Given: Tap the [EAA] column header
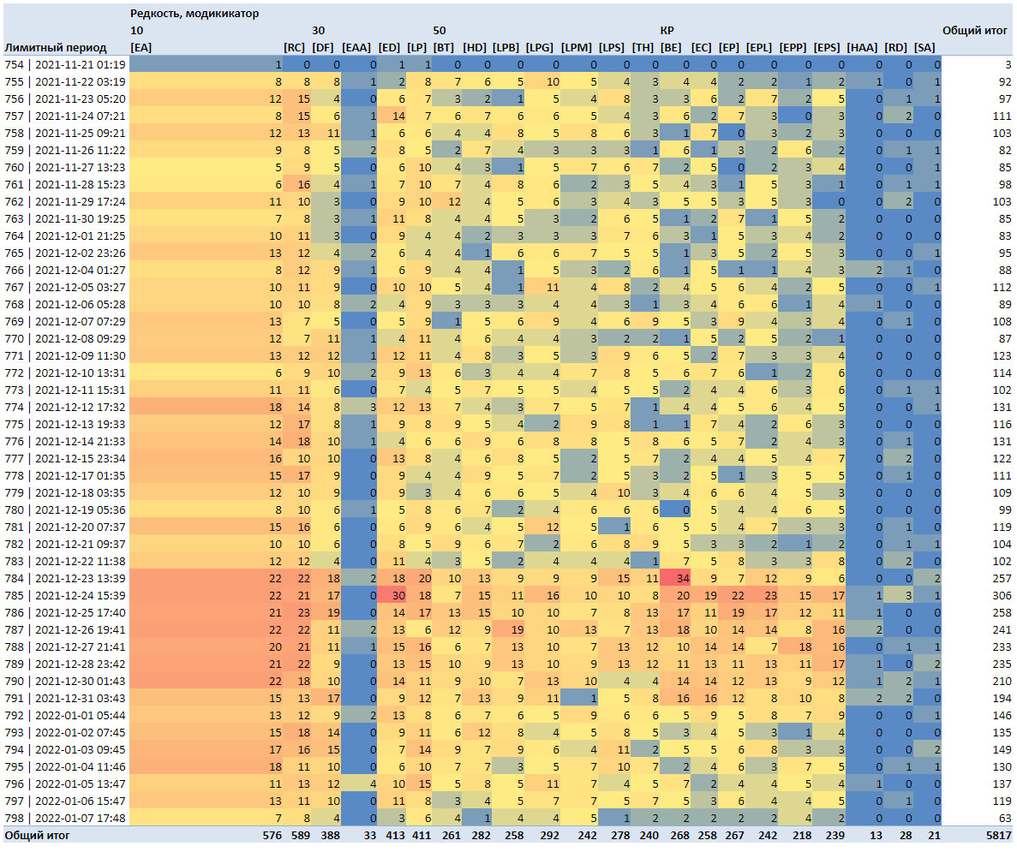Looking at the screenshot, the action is point(356,47).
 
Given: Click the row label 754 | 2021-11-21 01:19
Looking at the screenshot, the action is point(65,65).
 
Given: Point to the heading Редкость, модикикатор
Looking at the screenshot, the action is point(194,14).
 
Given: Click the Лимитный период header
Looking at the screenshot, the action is point(56,47).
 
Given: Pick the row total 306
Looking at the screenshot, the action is point(1002,595).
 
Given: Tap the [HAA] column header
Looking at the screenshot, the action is point(862,47).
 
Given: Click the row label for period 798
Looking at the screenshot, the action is point(65,819).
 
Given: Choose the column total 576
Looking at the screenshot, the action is point(272,836).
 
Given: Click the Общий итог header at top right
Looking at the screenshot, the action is point(975,31).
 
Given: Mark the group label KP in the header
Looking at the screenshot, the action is point(667,31).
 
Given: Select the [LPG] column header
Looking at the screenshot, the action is point(540,47).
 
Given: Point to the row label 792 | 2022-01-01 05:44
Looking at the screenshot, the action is point(65,715).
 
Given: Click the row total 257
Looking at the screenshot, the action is point(1002,578).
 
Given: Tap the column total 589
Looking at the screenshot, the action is point(301,836).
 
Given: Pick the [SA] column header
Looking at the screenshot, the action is point(925,47).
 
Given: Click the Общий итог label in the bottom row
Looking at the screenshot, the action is point(37,836).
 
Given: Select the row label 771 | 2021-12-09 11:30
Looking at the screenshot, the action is point(65,355).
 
